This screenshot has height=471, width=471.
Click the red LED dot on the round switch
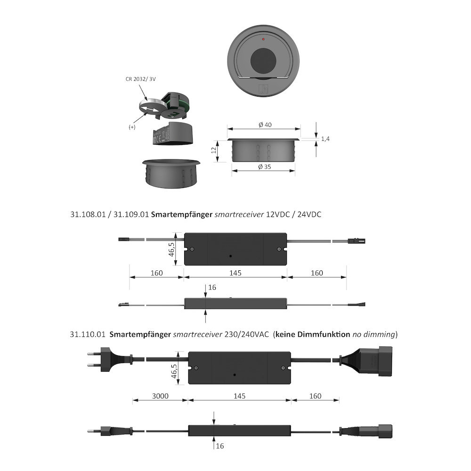click(x=263, y=39)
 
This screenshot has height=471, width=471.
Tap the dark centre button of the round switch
click(x=263, y=61)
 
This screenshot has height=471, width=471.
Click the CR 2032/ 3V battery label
click(x=140, y=79)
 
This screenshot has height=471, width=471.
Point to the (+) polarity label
click(x=132, y=127)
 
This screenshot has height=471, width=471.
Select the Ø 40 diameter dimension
click(x=265, y=125)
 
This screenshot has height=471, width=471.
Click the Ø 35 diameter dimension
click(x=265, y=167)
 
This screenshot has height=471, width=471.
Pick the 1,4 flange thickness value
click(x=325, y=139)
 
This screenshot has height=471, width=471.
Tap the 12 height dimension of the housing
click(x=214, y=150)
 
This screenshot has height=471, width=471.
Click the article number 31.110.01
click(x=88, y=334)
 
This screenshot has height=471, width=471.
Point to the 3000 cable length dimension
click(x=160, y=396)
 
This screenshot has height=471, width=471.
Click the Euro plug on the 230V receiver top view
click(x=110, y=359)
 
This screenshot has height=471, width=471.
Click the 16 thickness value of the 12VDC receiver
click(x=212, y=287)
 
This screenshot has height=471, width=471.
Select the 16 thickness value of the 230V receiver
click(x=220, y=446)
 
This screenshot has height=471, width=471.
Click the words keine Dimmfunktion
click(x=313, y=334)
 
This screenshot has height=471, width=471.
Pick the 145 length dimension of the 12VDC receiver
click(x=235, y=273)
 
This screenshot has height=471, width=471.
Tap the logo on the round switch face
click(x=263, y=89)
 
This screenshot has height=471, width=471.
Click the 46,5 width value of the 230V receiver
click(x=174, y=371)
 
